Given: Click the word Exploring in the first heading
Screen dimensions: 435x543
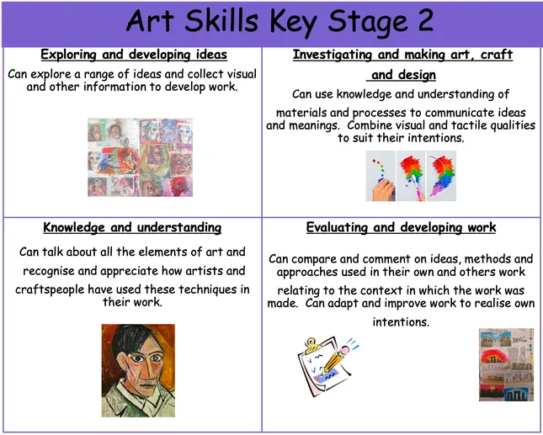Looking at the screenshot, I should tap(72, 56).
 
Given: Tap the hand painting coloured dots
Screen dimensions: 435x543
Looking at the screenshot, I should tap(381, 177).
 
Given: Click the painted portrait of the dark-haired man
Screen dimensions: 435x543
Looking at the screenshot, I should tap(138, 370).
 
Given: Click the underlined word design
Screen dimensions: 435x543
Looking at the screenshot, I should tap(417, 76).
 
